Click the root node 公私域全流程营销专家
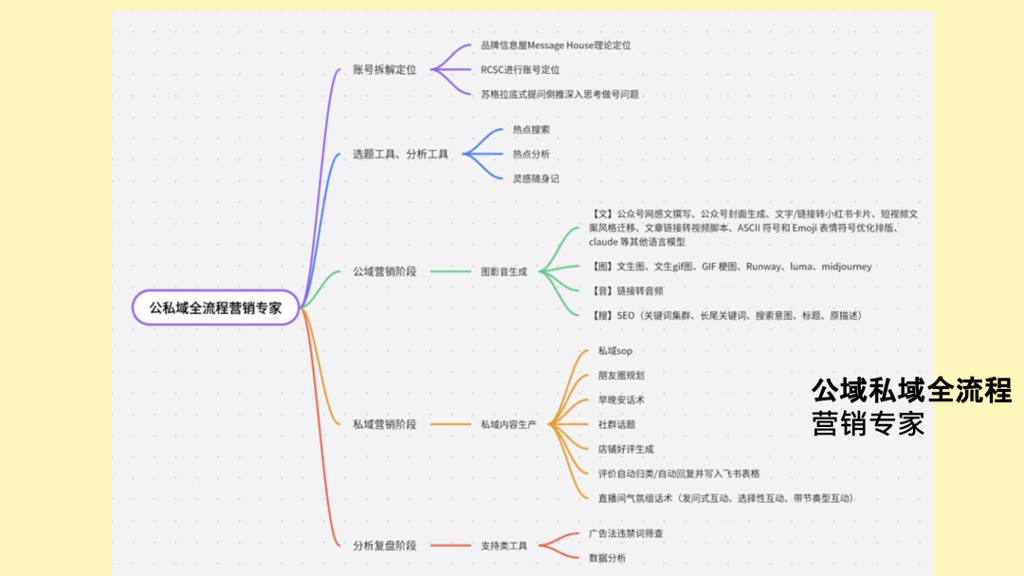tap(215, 307)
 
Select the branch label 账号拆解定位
tap(384, 69)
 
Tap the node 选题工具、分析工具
tap(400, 154)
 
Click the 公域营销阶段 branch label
tap(384, 271)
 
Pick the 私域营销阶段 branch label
tap(384, 424)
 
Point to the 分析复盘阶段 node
tap(384, 546)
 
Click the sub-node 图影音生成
tap(503, 271)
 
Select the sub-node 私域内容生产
tap(508, 424)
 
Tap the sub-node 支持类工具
tap(503, 546)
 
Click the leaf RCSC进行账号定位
tap(520, 69)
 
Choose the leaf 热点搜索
tap(531, 129)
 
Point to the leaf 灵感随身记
tap(536, 178)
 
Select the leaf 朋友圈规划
tap(621, 376)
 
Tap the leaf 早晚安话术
tap(621, 399)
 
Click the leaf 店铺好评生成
tap(625, 449)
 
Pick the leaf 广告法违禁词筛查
tap(626, 533)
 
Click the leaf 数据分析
tap(607, 558)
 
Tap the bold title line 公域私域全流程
tap(911, 390)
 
